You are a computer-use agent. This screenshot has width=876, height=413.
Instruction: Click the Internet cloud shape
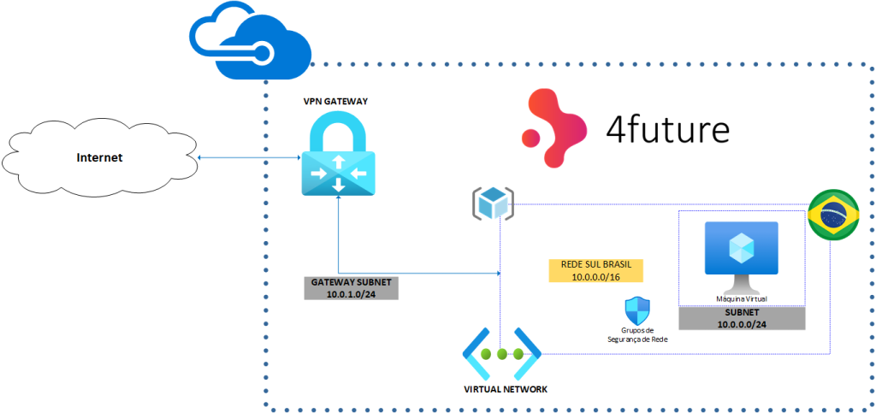coord(99,157)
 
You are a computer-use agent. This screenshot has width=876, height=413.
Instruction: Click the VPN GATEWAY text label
coord(335,102)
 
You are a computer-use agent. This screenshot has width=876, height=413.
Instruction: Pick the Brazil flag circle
coord(834,216)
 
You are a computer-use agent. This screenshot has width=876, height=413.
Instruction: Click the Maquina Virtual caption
coord(741,298)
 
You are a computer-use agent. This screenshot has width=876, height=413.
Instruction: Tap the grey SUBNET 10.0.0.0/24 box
coord(741,318)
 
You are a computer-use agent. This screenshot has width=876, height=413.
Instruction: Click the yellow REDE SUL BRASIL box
coord(595,270)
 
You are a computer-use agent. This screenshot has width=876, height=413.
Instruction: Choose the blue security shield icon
coord(637,310)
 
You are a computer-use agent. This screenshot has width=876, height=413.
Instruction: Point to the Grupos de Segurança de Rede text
coord(637,334)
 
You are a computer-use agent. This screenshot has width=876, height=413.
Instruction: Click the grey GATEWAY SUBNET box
coord(351,288)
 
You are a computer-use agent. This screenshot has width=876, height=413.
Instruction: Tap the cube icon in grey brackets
coord(492,204)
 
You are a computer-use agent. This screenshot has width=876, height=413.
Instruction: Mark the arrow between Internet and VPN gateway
coord(248,157)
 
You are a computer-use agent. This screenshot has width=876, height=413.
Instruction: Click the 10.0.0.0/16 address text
coord(595,276)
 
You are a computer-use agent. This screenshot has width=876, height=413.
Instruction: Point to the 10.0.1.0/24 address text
coord(351,294)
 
